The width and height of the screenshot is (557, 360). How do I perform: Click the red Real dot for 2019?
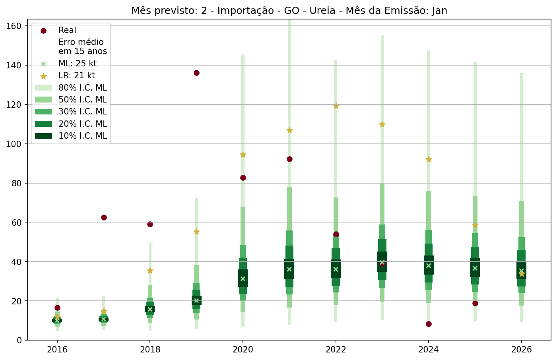pyautogui.click(x=196, y=73)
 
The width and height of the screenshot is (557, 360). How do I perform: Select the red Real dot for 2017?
pyautogui.click(x=104, y=217)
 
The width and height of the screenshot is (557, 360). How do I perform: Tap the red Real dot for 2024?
pyautogui.click(x=429, y=324)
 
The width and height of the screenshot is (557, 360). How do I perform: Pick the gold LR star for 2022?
pyautogui.click(x=336, y=106)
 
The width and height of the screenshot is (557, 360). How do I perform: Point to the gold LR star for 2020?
pyautogui.click(x=243, y=155)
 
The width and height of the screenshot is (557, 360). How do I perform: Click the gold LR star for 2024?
pyautogui.click(x=429, y=159)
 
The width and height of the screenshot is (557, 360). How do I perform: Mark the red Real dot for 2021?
pyautogui.click(x=289, y=159)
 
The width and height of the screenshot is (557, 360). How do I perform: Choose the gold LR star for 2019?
pyautogui.click(x=196, y=232)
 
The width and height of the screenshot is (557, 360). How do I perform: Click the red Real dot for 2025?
pyautogui.click(x=475, y=303)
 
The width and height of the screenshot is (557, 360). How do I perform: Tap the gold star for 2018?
pyautogui.click(x=150, y=271)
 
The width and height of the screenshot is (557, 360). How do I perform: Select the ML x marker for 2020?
pyautogui.click(x=243, y=279)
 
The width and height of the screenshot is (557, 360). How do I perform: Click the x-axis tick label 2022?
pyautogui.click(x=336, y=350)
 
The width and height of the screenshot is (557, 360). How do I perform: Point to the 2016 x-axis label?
pyautogui.click(x=57, y=350)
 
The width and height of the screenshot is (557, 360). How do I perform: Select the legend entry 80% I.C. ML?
pyautogui.click(x=83, y=88)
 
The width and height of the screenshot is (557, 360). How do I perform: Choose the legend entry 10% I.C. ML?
pyautogui.click(x=83, y=136)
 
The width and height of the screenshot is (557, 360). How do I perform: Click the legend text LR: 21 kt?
pyautogui.click(x=77, y=75)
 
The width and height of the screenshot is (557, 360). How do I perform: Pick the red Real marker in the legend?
pyautogui.click(x=43, y=30)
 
